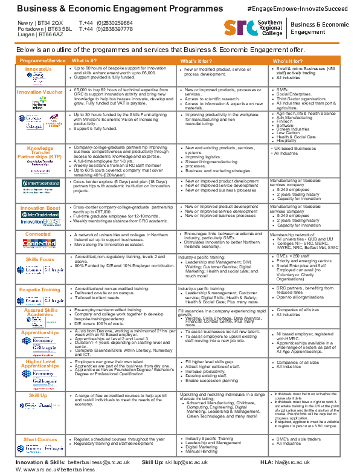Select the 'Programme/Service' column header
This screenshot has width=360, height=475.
tap(42, 61)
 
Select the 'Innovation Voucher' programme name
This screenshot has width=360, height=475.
tap(39, 92)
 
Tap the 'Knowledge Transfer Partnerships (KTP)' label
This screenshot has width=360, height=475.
tap(40, 155)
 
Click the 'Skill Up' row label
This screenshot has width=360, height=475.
tap(38, 394)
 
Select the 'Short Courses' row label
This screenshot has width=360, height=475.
tap(40, 439)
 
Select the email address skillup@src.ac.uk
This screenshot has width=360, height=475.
tap(187, 462)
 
